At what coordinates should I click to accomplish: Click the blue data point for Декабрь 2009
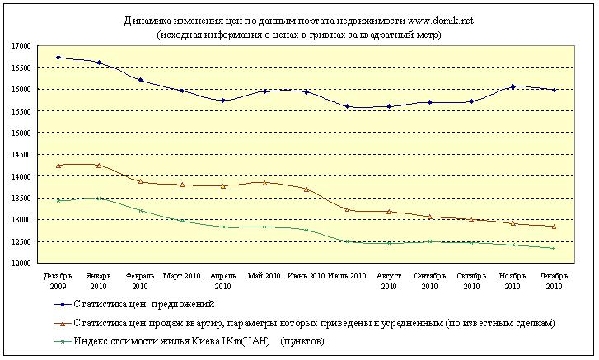(x=58, y=58)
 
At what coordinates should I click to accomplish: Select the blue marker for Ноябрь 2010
(x=512, y=86)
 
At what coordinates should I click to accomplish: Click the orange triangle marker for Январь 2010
(x=99, y=166)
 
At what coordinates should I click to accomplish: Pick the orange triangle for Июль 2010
(x=347, y=209)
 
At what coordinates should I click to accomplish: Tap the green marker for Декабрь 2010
(x=554, y=248)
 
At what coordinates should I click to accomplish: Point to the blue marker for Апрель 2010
(x=222, y=101)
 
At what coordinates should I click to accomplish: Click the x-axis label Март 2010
(x=181, y=275)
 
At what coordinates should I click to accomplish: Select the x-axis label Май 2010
(x=264, y=275)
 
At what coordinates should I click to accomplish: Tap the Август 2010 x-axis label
(x=388, y=280)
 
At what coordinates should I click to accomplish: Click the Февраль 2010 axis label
(x=140, y=280)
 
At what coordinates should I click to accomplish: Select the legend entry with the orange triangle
(x=313, y=322)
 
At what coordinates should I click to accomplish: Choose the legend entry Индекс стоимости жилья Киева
(x=198, y=339)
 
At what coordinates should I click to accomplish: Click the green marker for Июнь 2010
(x=306, y=230)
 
